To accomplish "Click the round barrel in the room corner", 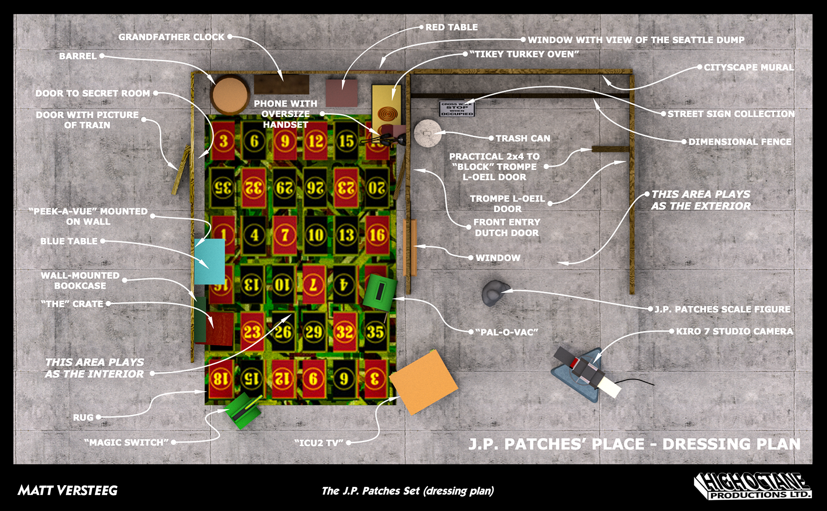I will point(230,95).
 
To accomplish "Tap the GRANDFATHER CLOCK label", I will point(171,37).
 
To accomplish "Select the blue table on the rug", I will point(209,261).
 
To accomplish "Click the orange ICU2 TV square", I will point(423,382).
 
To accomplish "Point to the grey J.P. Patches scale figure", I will point(494,293).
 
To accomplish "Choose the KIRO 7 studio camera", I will point(586,373).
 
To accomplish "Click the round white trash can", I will point(426,133).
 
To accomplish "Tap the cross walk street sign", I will point(457,109).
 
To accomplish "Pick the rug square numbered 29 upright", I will point(314,332).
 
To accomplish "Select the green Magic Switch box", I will point(243,411).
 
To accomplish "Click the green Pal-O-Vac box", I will point(379,292).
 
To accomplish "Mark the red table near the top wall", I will point(342,93).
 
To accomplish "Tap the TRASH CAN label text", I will point(523,138).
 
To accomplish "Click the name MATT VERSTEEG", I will point(68,490).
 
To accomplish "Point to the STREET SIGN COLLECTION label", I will point(731,114).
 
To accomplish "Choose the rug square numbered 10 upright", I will point(316,235).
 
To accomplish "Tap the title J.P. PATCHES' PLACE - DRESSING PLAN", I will point(634,444).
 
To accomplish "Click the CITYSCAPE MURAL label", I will point(749,67).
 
